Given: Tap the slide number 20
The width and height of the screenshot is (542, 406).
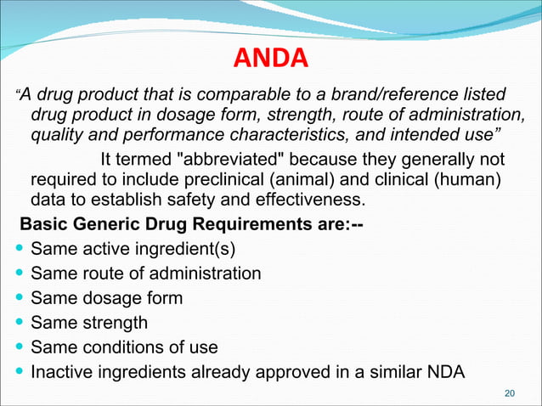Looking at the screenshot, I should pos(510,392).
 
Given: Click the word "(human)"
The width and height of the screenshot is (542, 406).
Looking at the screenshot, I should pos(475,180).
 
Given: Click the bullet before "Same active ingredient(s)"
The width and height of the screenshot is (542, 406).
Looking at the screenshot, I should pos(19,250).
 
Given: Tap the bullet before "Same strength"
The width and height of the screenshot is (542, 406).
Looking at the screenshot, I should pos(19,324).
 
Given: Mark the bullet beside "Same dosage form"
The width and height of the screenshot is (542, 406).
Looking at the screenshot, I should pos(19,299).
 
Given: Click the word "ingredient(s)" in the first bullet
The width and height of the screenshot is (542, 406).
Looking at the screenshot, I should pos(186,250).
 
